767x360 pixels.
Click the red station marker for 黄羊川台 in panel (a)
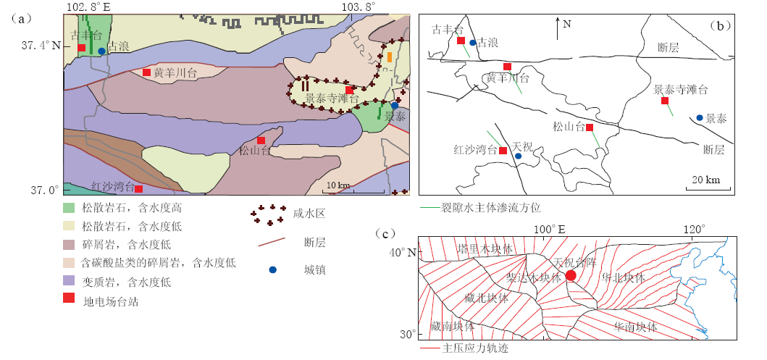tap(146, 72)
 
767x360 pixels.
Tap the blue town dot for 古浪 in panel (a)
tap(101, 51)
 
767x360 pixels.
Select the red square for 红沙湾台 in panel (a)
tap(138, 189)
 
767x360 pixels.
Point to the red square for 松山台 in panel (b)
tap(590, 127)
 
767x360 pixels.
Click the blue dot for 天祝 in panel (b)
tap(518, 156)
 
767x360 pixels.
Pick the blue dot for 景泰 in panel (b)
tap(700, 117)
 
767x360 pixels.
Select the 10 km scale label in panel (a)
tap(338, 185)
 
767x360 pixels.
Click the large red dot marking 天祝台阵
tap(571, 275)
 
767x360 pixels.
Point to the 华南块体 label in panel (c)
tap(635, 327)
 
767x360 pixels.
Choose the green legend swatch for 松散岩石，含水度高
tap(70, 208)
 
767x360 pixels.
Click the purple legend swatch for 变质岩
tap(70, 282)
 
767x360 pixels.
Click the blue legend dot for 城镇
tap(273, 269)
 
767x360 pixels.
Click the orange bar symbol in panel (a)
tap(390, 56)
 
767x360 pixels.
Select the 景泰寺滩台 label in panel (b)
tap(680, 89)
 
